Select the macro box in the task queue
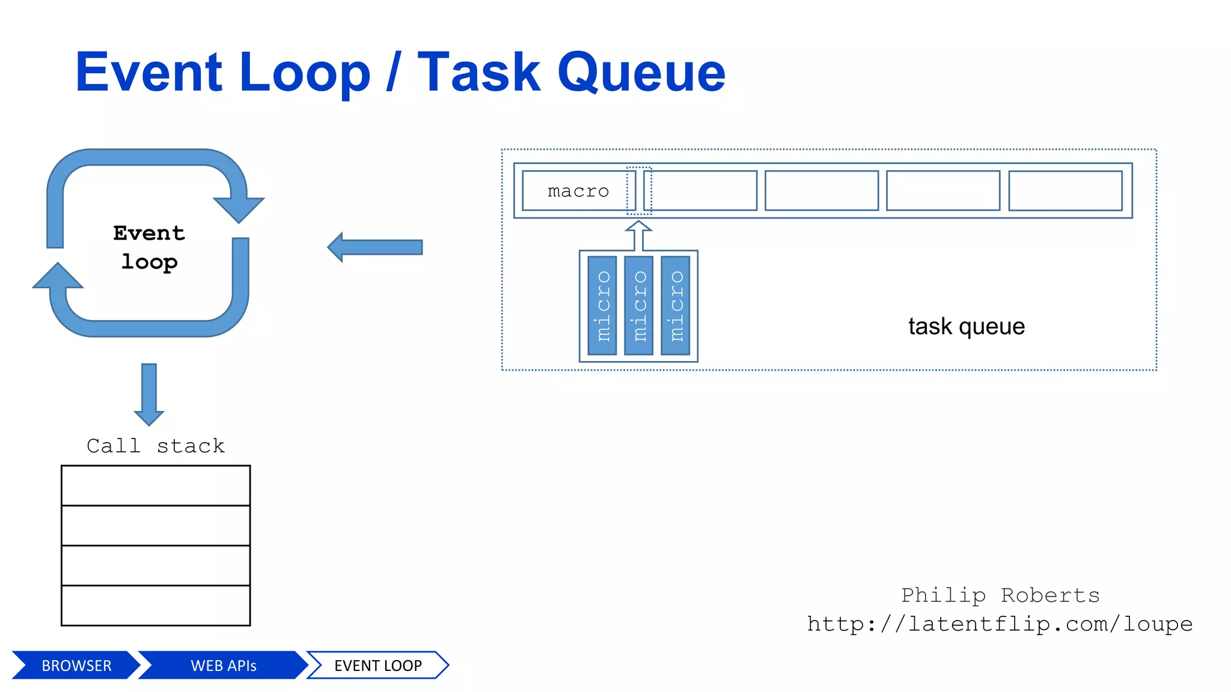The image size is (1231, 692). coord(578,191)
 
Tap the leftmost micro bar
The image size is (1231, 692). coord(602,306)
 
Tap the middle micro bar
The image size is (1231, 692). coord(639,306)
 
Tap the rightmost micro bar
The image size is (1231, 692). coord(676,306)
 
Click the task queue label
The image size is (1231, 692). coord(966,326)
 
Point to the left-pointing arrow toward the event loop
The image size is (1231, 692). coord(375,247)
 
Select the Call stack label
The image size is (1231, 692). coord(156,446)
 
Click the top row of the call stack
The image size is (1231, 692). coord(156,485)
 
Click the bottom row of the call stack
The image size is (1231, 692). coord(156,605)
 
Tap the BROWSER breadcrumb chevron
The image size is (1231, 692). coord(76,666)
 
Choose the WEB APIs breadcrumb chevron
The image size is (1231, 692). coord(223,666)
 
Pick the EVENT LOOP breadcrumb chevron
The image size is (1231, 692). coord(377,666)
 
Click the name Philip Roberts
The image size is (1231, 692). coord(1000,595)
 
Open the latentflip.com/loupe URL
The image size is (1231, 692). coord(1000,624)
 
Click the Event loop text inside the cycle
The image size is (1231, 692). coord(149,247)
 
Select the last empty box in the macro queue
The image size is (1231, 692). coord(1065,191)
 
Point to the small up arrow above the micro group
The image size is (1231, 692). coord(638,234)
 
